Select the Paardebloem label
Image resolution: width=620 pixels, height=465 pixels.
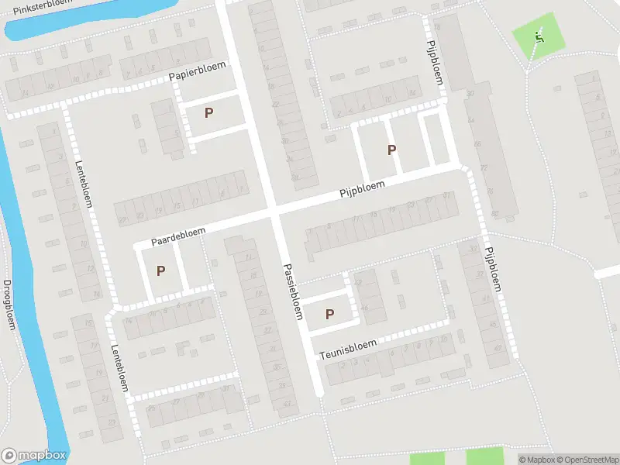coord(178,236)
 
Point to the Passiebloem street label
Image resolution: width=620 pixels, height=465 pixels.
coord(291,289)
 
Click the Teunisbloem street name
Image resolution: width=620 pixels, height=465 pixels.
coord(348,348)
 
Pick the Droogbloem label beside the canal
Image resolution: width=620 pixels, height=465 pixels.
coord(9,304)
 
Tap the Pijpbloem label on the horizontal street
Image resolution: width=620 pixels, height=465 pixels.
coord(362,191)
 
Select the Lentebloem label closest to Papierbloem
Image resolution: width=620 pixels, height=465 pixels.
coord(84,184)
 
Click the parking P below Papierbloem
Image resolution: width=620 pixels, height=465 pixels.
coord(208,112)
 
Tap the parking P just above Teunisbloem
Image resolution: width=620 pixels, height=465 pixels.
coord(329,314)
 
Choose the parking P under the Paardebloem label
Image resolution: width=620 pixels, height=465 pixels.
coord(160,270)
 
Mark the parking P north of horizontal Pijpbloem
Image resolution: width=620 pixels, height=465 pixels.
coord(391,150)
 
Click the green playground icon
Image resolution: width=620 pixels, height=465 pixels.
coord(539,35)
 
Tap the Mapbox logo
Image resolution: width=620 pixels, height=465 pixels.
coord(34,456)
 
